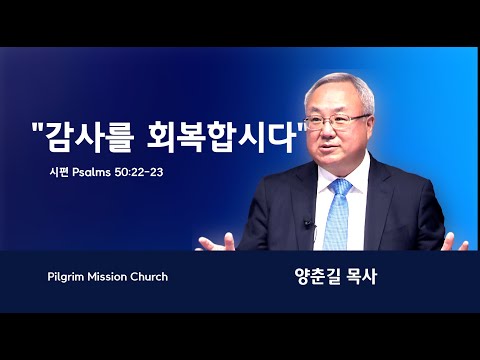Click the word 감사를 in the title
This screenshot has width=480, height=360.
[90, 137]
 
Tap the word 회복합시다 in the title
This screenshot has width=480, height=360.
[222, 137]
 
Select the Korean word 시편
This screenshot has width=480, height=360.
[59, 172]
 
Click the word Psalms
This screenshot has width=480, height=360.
[91, 172]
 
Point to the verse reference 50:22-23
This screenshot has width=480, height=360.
[139, 172]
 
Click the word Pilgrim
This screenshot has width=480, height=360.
[66, 277]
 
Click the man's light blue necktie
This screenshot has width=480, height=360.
[338, 214]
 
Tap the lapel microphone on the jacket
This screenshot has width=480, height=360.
[308, 223]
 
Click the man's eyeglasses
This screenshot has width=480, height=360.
[337, 121]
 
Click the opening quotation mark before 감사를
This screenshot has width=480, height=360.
[39, 126]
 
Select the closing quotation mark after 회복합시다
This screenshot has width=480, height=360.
[302, 126]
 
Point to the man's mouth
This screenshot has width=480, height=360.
[328, 147]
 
